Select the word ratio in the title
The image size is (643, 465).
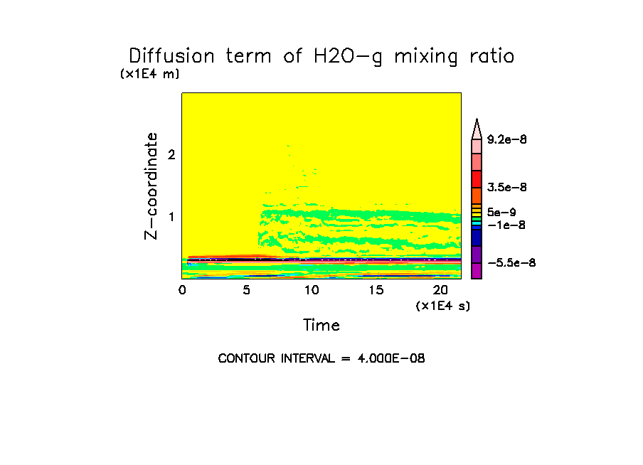(487, 56)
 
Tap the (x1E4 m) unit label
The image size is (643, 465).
(149, 74)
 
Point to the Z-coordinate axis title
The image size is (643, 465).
(151, 186)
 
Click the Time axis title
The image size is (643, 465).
(321, 326)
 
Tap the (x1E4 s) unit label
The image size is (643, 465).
(443, 306)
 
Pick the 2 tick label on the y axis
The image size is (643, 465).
(171, 155)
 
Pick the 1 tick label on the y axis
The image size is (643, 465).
(171, 217)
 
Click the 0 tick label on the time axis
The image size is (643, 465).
(182, 290)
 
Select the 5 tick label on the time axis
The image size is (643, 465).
(247, 290)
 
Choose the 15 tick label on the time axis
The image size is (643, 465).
(376, 290)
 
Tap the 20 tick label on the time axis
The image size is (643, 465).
(440, 290)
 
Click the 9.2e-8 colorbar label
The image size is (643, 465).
(506, 140)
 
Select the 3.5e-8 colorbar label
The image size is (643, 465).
(506, 188)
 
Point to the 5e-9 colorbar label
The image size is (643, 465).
(501, 212)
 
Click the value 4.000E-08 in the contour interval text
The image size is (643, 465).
(392, 359)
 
